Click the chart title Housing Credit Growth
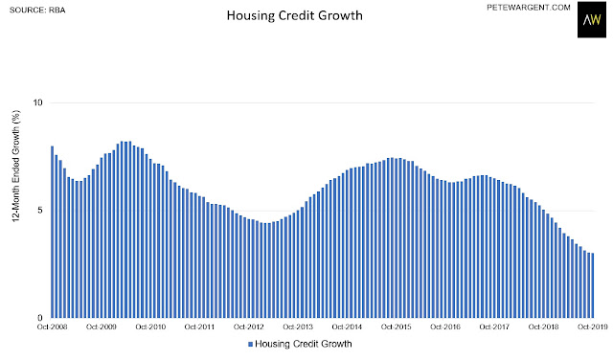(x=295, y=15)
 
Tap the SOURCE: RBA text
(x=37, y=11)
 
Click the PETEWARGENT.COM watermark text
(x=529, y=8)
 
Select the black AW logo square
(x=592, y=19)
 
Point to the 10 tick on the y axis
(x=37, y=102)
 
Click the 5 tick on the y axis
(x=39, y=211)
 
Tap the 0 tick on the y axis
(x=39, y=318)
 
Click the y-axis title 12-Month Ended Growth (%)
(x=16, y=167)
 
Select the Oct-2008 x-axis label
(x=52, y=326)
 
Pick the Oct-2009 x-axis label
(x=102, y=326)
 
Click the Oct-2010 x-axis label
(x=150, y=326)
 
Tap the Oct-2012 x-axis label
(x=249, y=326)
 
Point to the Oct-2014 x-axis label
(x=347, y=326)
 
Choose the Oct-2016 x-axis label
(x=445, y=326)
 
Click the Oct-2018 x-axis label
(x=543, y=326)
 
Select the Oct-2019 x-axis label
(x=593, y=326)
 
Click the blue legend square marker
(x=251, y=345)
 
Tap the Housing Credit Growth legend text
(x=304, y=344)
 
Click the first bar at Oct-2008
(x=53, y=232)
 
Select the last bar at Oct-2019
(x=593, y=285)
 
